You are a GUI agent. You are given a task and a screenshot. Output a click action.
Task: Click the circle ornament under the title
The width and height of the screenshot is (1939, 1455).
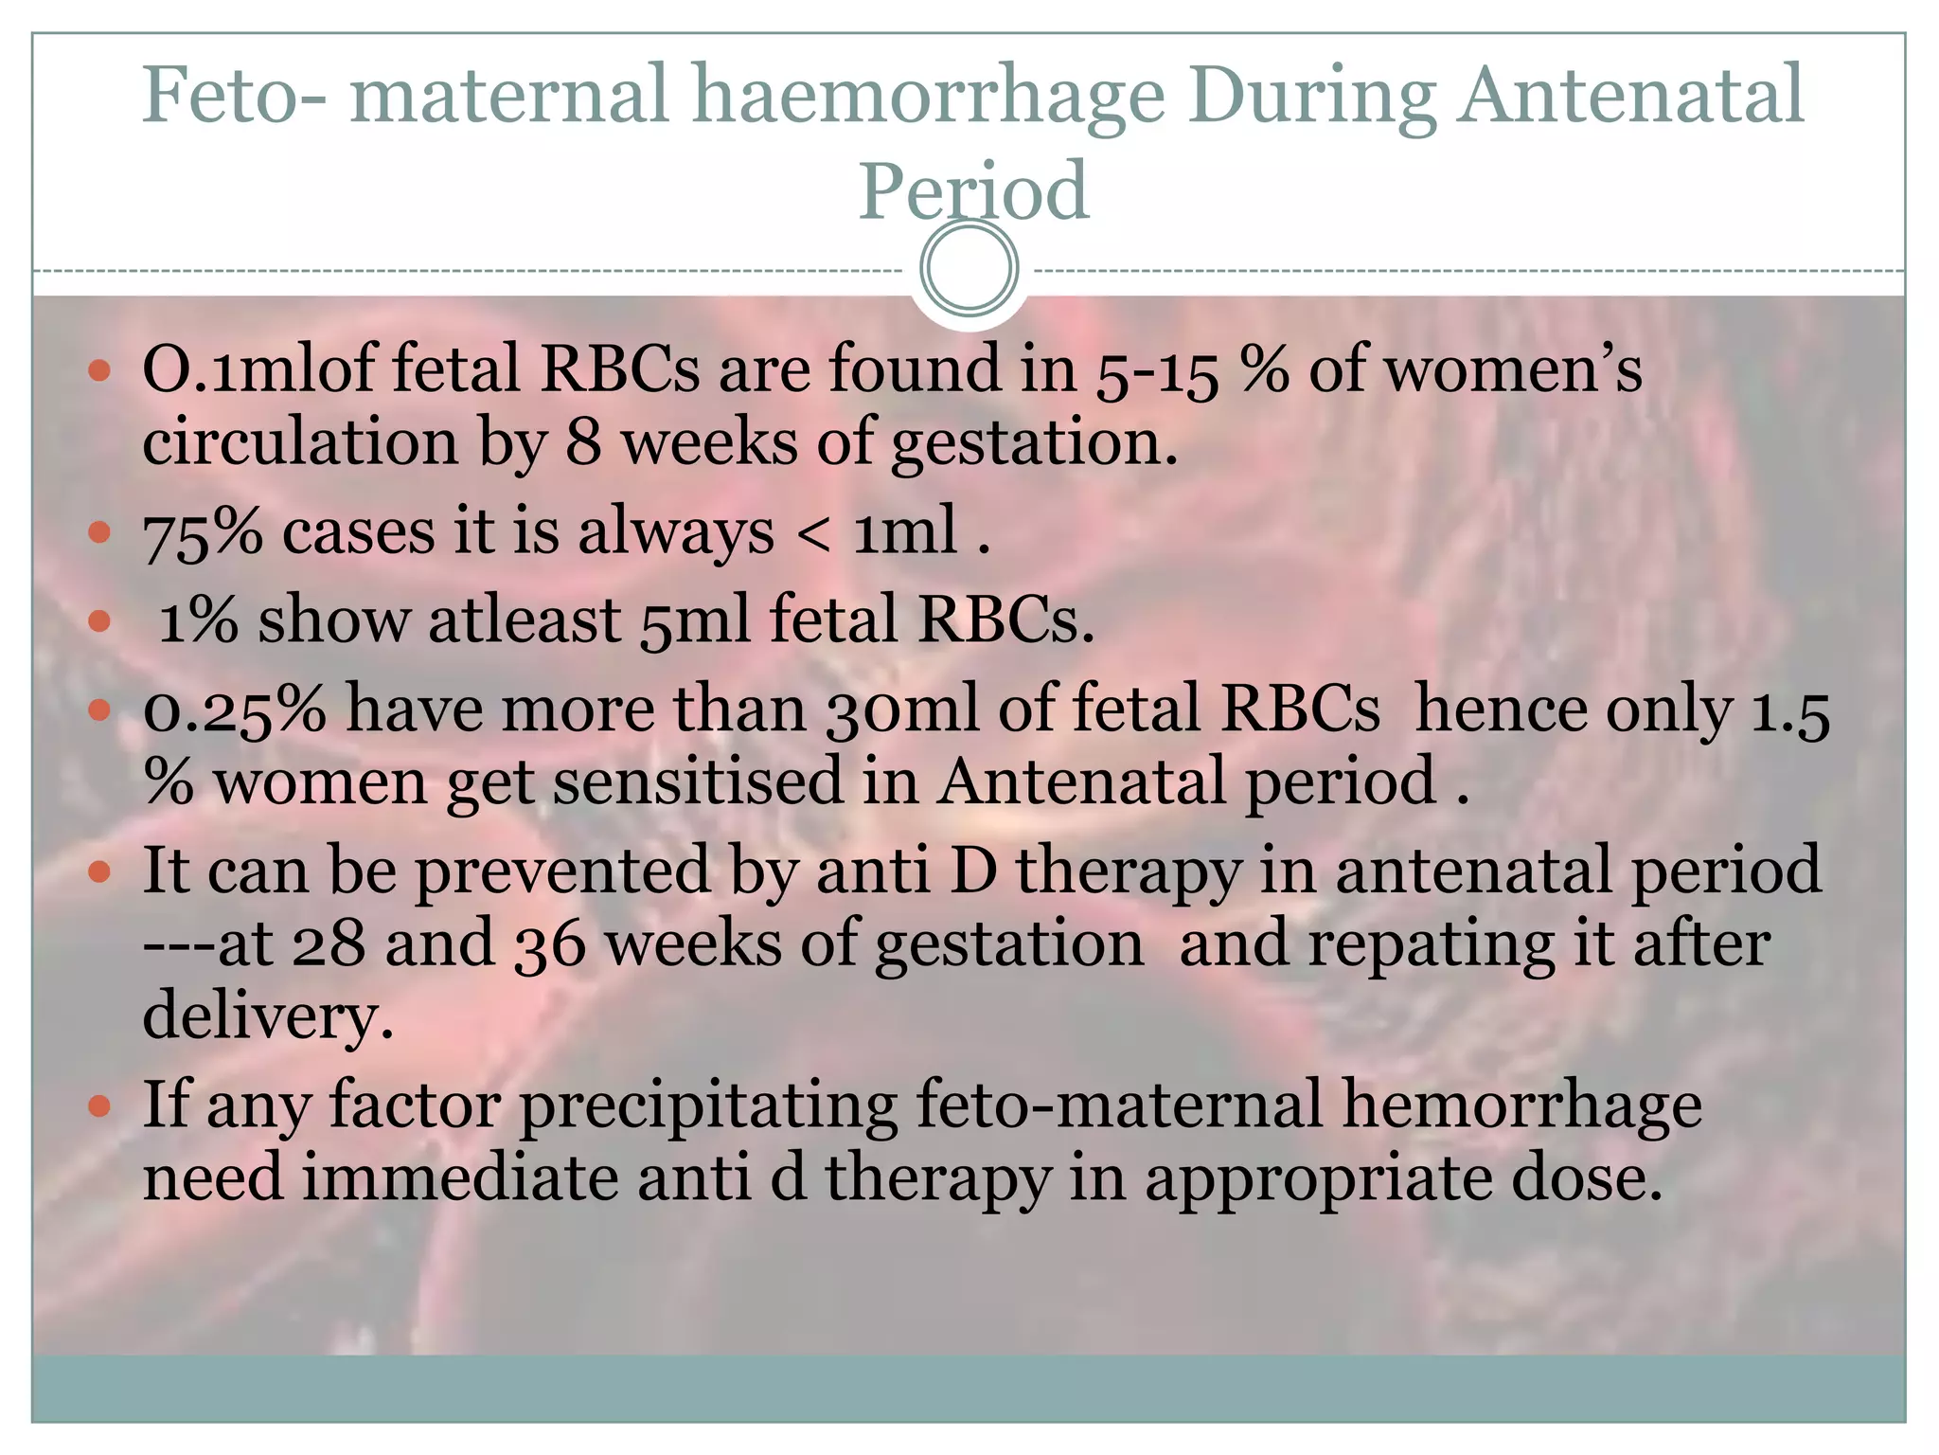coord(969,268)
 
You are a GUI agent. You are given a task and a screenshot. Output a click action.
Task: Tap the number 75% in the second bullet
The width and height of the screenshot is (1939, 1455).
coord(203,532)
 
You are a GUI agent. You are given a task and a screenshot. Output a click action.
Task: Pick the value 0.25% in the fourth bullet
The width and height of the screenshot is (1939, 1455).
coord(234,710)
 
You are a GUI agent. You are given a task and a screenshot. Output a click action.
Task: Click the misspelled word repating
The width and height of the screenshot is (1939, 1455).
coord(1431,944)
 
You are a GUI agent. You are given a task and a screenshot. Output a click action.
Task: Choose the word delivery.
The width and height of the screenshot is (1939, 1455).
coord(268,1016)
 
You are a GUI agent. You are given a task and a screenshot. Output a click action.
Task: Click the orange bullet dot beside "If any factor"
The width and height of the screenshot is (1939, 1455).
coord(99,1105)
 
